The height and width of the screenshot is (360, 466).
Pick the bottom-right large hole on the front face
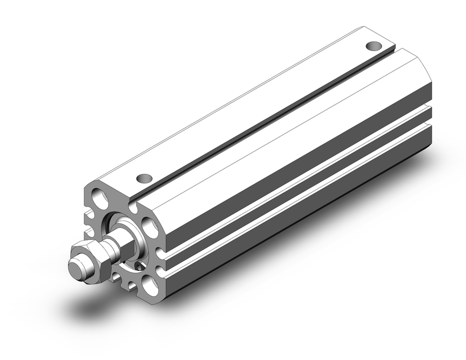point(150,284)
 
